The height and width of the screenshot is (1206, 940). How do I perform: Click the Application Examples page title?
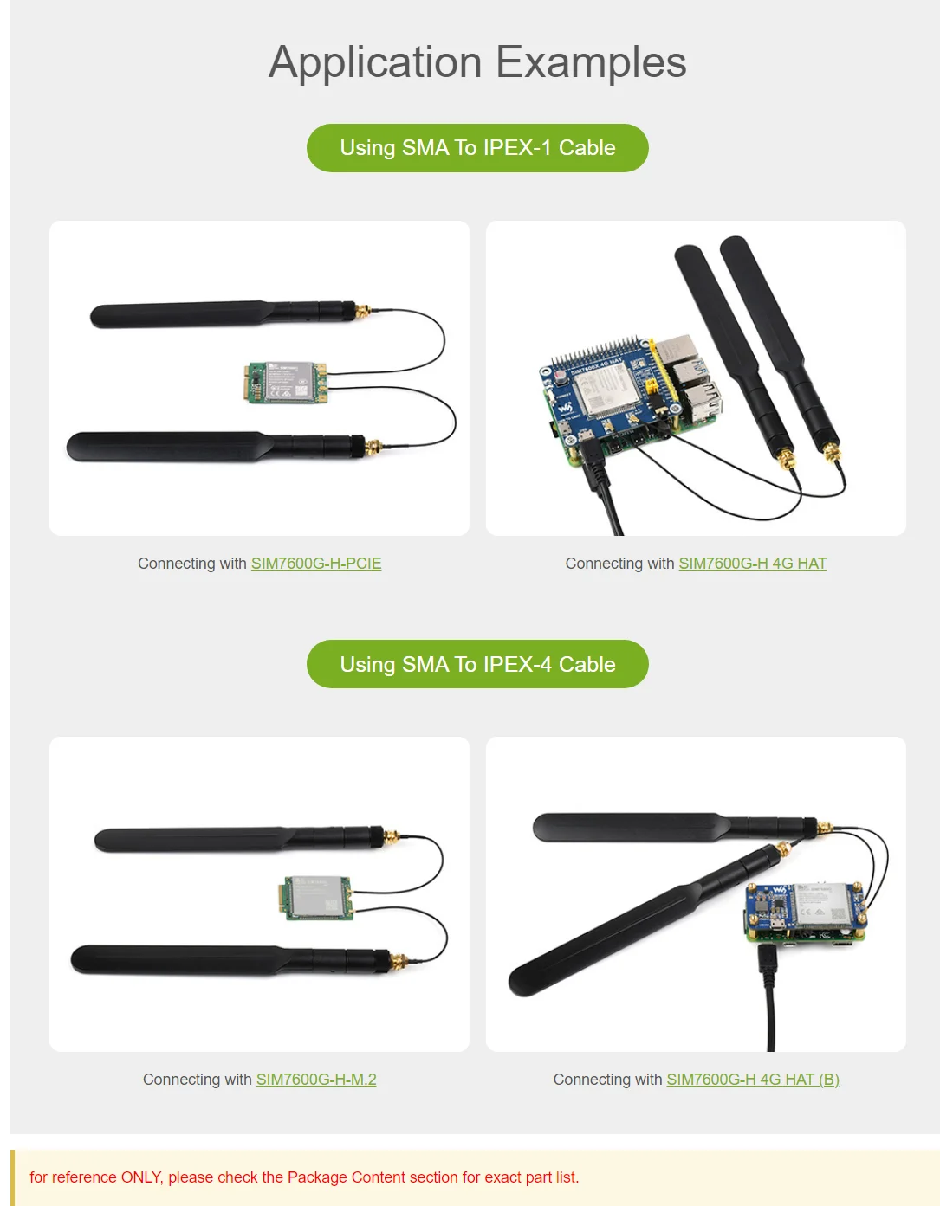coord(477,62)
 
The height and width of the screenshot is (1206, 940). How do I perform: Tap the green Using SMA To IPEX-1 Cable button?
coord(477,148)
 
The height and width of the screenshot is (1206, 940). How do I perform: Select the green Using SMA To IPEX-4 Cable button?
coord(477,664)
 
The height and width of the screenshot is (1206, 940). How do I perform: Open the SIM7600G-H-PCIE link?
coord(316,564)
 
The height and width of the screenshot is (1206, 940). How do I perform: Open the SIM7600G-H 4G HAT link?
coord(752,564)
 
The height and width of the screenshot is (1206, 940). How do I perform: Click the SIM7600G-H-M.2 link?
coord(316,1080)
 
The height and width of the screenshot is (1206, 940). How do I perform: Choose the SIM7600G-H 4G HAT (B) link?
coord(752,1080)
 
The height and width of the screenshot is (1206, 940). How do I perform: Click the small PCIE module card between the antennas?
coord(286,382)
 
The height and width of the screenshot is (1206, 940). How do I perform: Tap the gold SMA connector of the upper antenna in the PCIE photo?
coord(362,311)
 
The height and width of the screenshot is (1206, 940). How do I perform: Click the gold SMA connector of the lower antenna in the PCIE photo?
coord(373,447)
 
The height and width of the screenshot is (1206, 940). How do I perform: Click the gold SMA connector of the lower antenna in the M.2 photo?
coord(399,961)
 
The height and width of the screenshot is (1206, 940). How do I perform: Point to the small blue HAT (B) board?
coord(801,911)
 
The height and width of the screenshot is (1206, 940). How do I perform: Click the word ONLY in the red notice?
coord(140,1177)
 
